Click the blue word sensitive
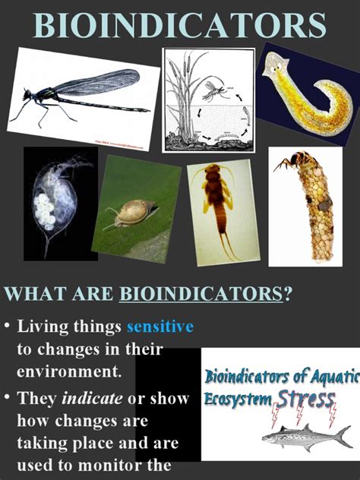159,327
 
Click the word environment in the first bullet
68,372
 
